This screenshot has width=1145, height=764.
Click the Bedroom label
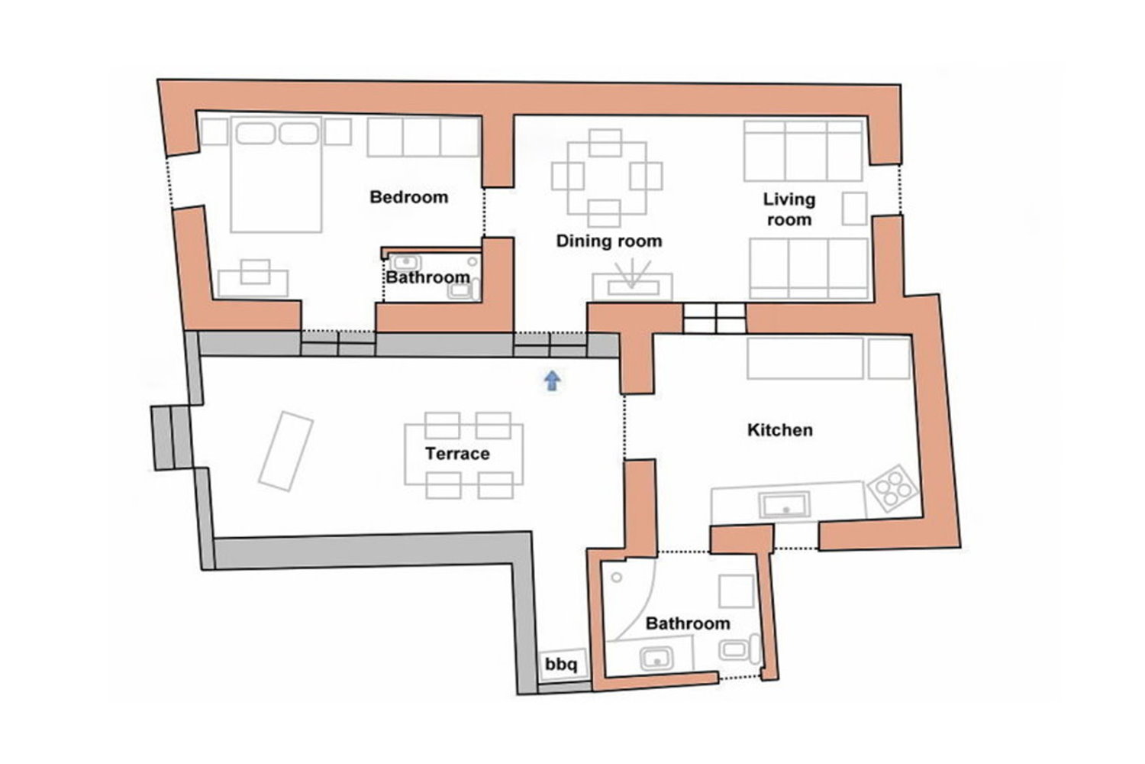pyautogui.click(x=409, y=197)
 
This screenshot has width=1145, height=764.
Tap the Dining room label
pyautogui.click(x=609, y=241)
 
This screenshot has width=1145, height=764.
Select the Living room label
pyautogui.click(x=789, y=209)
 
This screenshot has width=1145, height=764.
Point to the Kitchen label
pyautogui.click(x=780, y=430)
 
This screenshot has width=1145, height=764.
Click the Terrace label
pyautogui.click(x=457, y=453)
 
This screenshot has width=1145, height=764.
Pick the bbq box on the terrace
pyautogui.click(x=563, y=664)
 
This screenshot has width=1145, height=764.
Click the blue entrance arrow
pyautogui.click(x=552, y=380)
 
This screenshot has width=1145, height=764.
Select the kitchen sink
pyautogui.click(x=785, y=506)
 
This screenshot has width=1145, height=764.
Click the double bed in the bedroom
pyautogui.click(x=276, y=174)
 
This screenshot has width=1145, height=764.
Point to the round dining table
pyautogui.click(x=608, y=178)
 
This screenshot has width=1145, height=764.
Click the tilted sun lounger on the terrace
pyautogui.click(x=285, y=452)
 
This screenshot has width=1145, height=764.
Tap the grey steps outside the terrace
pyautogui.click(x=171, y=438)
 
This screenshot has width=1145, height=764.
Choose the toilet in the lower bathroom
pyautogui.click(x=740, y=649)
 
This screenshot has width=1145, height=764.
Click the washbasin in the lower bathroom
pyautogui.click(x=656, y=659)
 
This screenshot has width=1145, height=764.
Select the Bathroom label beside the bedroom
pyautogui.click(x=427, y=277)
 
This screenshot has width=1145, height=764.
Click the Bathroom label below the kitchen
pyautogui.click(x=688, y=623)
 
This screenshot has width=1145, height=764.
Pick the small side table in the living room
pyautogui.click(x=855, y=209)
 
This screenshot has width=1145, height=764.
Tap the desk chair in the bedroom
pyautogui.click(x=255, y=272)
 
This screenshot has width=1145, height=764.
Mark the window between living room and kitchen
pyautogui.click(x=714, y=319)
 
